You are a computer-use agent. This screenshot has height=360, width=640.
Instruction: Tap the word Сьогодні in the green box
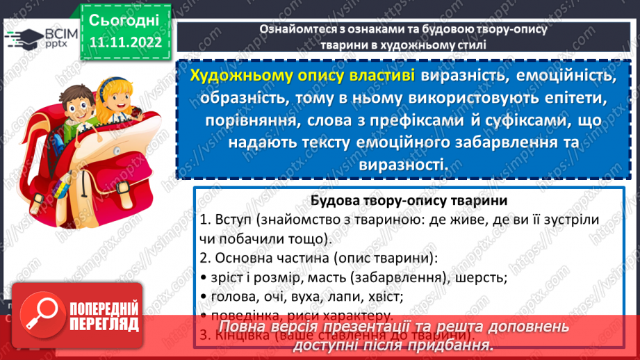tap(124, 19)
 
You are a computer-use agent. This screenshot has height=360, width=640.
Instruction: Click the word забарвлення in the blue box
tap(489, 142)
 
